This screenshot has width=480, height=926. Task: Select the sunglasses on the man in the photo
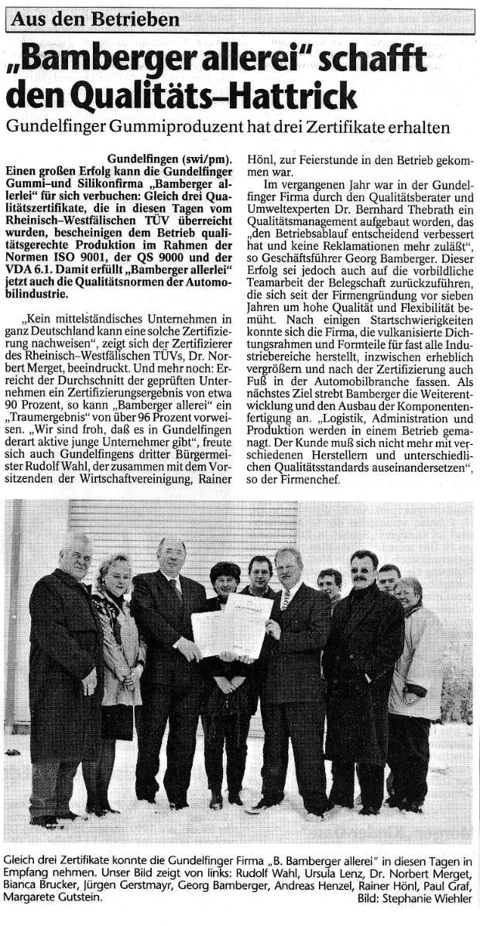362,570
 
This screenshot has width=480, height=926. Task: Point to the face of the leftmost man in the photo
76,556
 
